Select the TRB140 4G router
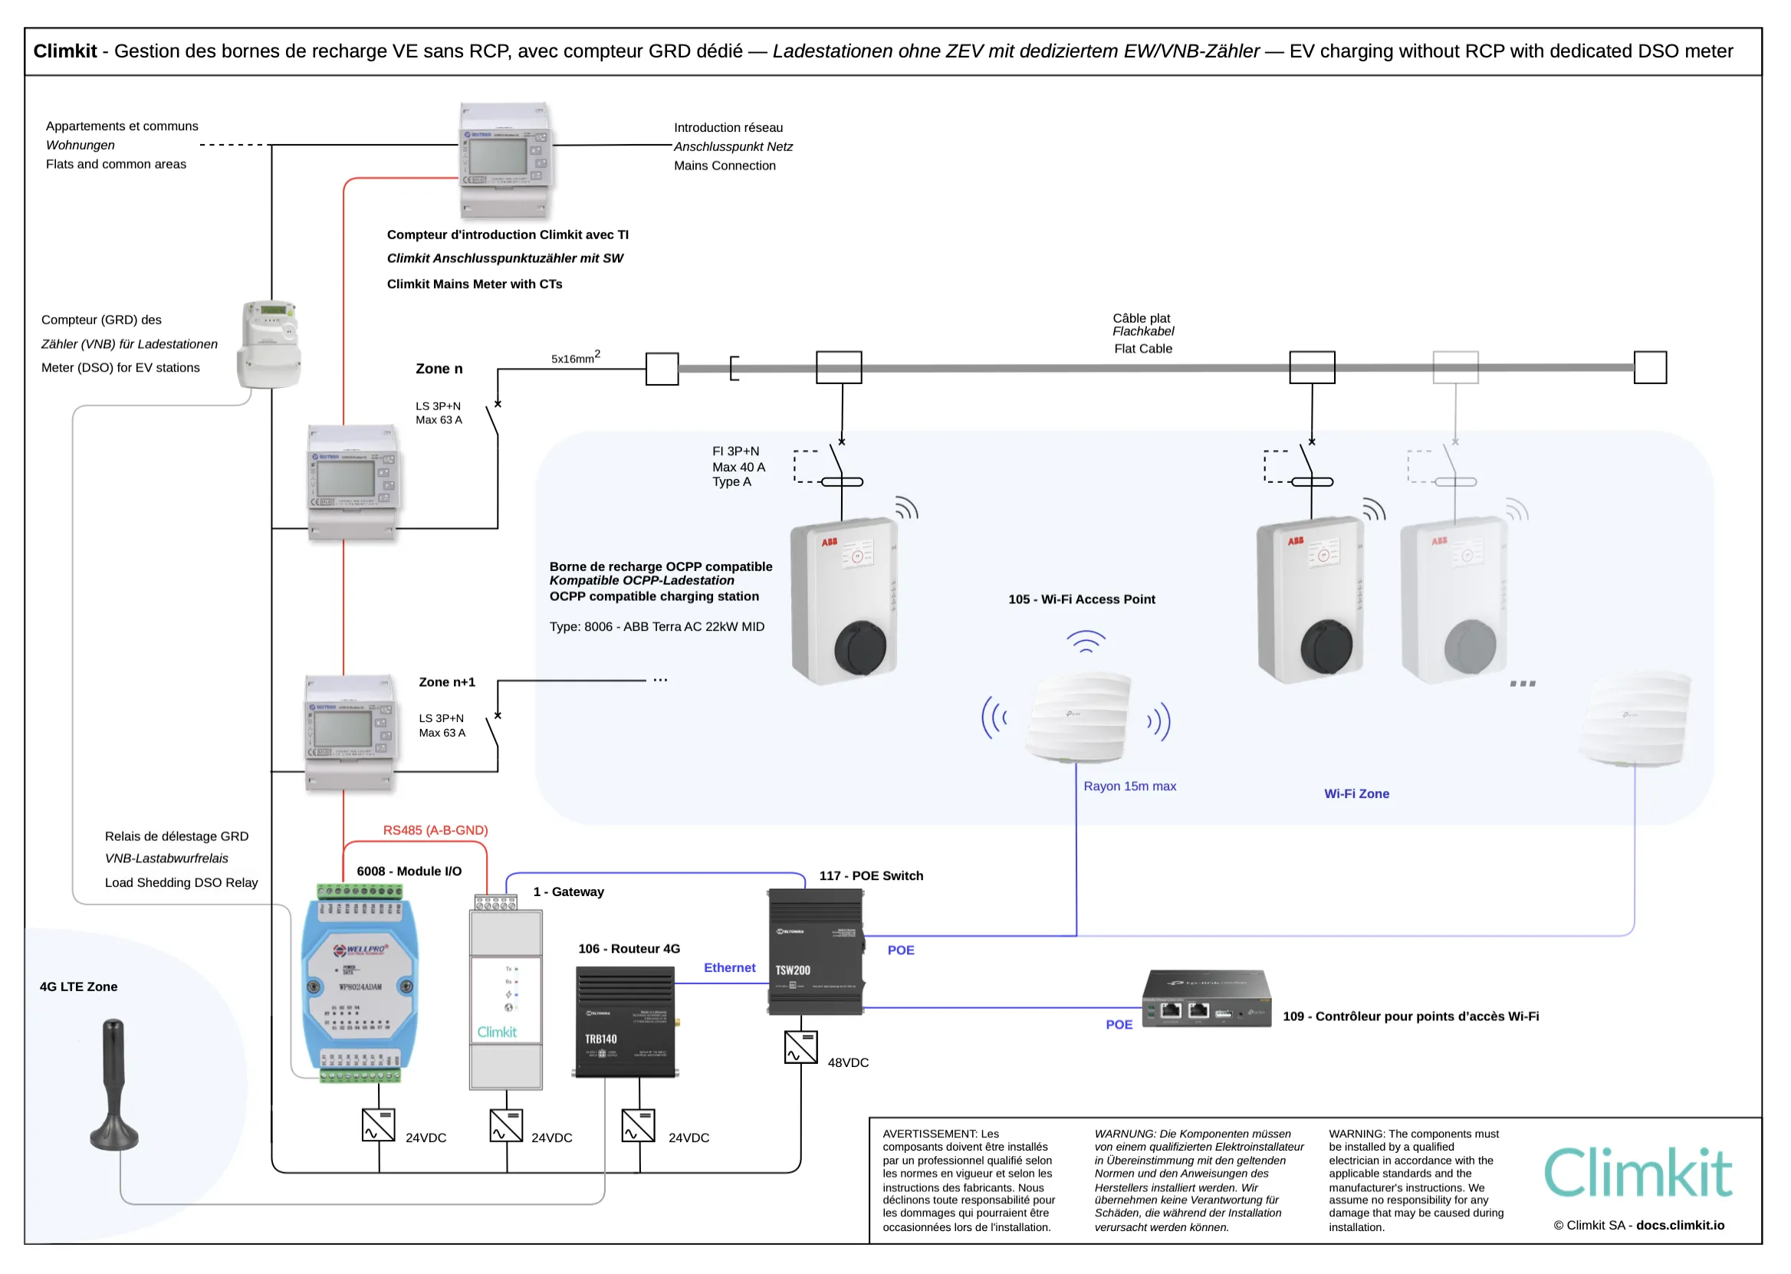[626, 1022]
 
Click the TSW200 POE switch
[816, 951]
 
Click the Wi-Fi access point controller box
[1207, 999]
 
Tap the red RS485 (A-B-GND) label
[435, 830]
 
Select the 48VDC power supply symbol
[801, 1047]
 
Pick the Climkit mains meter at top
[506, 159]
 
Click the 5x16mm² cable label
[575, 358]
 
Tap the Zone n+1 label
[447, 681]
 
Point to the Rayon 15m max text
[1129, 786]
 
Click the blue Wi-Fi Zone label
[1356, 794]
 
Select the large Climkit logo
[1638, 1173]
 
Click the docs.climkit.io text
[1681, 1225]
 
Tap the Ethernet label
[730, 967]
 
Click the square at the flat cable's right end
[1650, 367]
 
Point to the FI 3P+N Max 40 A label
[738, 466]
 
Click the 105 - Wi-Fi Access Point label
[1081, 599]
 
